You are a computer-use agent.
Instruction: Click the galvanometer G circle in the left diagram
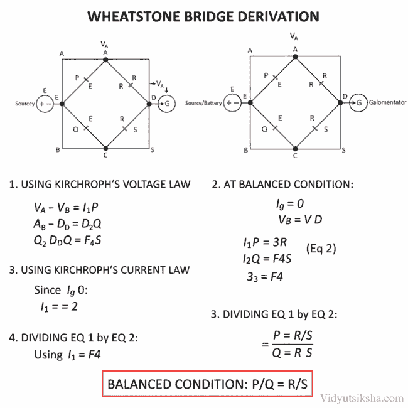coord(167,104)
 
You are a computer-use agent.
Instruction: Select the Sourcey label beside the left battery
coord(26,104)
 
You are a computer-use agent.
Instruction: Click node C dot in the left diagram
coord(105,148)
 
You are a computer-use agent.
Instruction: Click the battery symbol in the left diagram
coord(45,104)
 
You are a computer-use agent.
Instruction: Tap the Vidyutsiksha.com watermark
coord(362,397)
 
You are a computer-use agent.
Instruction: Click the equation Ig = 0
coord(289,205)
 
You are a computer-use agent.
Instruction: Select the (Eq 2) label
coord(321,249)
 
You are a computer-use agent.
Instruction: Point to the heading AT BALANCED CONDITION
coord(282,185)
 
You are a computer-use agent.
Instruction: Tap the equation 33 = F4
coord(264,276)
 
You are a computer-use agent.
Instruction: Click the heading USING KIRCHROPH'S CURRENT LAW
coord(99,270)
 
